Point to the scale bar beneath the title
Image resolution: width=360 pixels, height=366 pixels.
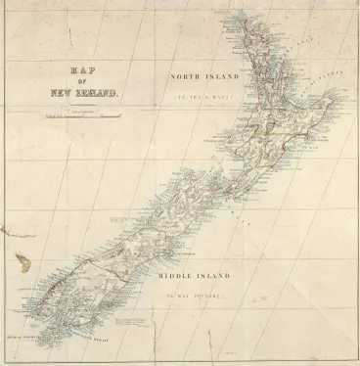click(x=87, y=117)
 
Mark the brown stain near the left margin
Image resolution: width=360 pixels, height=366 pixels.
click(x=22, y=262)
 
